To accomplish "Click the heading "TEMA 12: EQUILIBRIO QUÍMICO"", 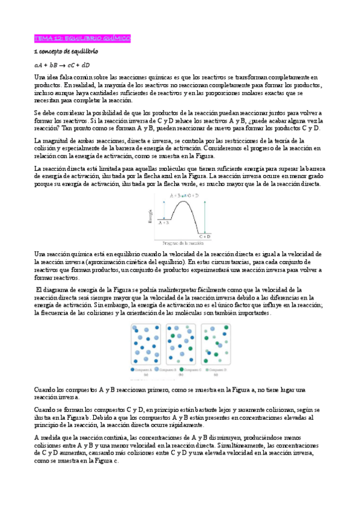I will pos(82,38).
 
